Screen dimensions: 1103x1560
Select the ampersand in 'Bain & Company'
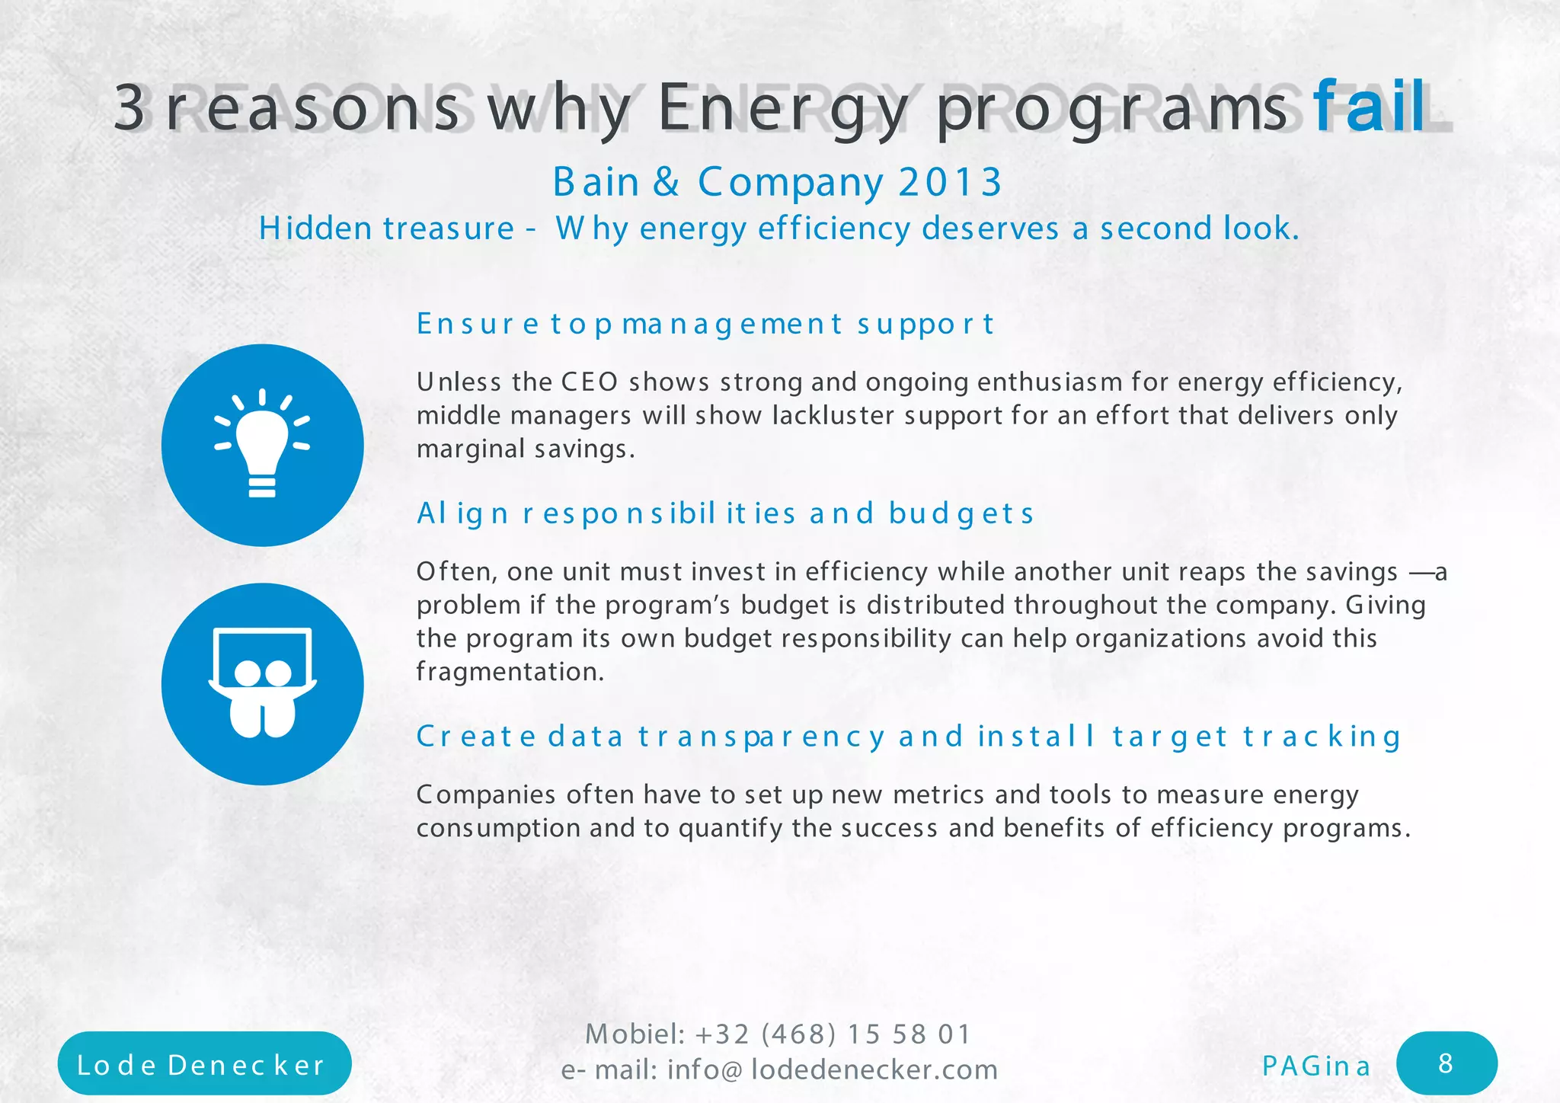coord(666,182)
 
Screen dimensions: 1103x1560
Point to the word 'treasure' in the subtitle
coord(449,229)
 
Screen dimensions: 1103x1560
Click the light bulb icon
coord(262,445)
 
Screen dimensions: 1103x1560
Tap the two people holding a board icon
coord(262,683)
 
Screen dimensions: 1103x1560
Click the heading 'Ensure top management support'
coord(705,325)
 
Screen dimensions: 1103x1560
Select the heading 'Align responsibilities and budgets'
coord(724,513)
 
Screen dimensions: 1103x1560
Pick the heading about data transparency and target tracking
coord(908,737)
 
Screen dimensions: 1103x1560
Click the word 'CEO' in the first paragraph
coord(590,382)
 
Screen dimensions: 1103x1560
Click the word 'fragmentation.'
coord(510,672)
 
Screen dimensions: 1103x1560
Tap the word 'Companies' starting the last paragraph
coord(486,794)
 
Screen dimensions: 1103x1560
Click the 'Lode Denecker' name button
coord(203,1064)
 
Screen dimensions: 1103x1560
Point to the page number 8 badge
coord(1446,1063)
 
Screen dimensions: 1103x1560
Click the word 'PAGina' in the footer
coord(1315,1066)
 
